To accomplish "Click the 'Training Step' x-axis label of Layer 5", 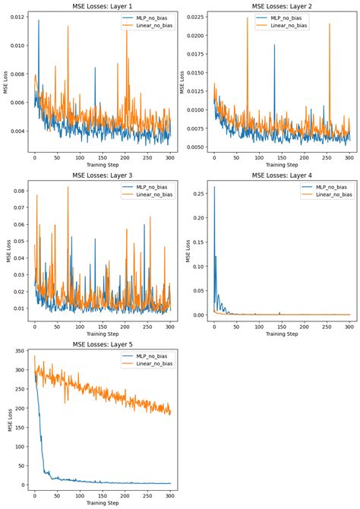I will [103, 504].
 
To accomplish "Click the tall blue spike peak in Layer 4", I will [214, 187].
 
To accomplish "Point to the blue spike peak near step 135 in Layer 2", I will [274, 45].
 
